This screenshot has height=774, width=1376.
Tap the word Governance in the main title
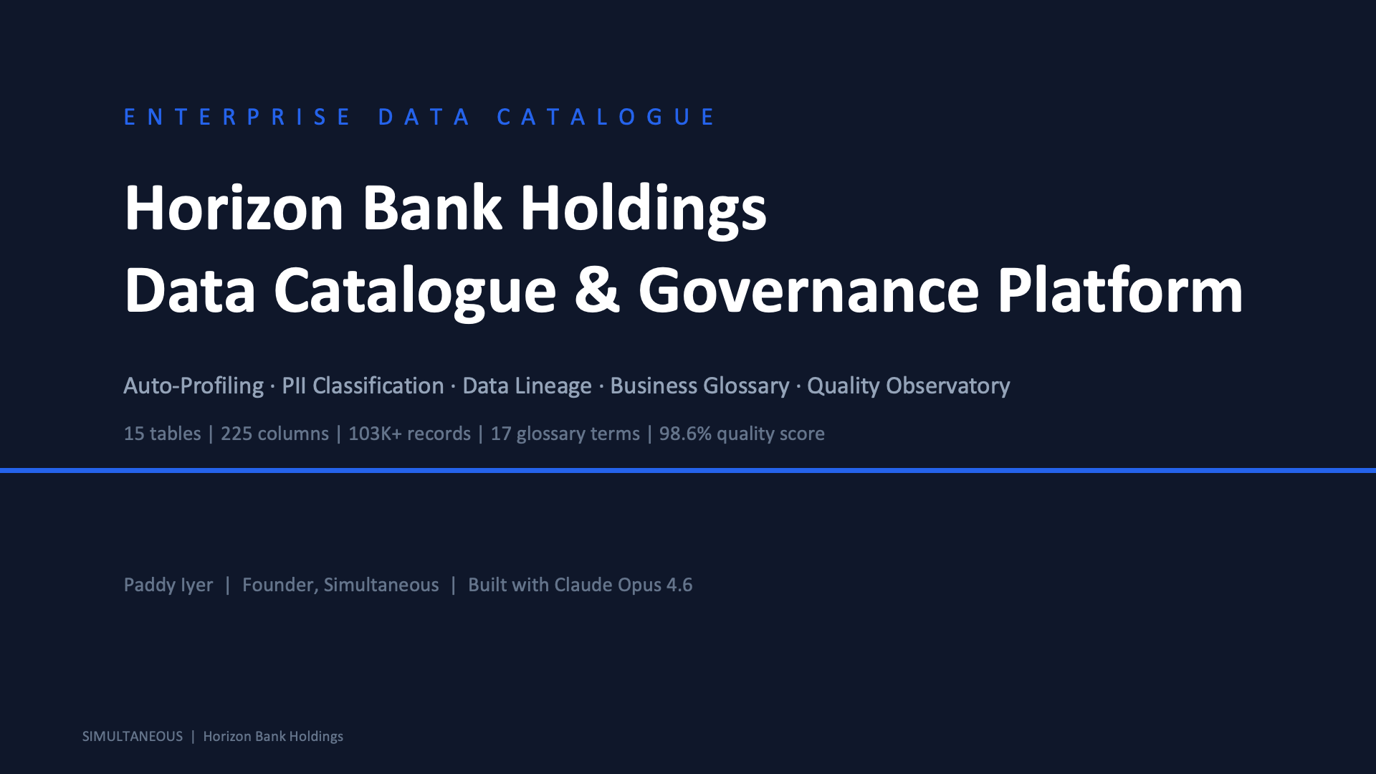pos(808,291)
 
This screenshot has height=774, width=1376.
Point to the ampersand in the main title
pos(597,291)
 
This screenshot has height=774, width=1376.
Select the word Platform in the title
pos(1120,290)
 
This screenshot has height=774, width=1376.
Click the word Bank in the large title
pos(431,208)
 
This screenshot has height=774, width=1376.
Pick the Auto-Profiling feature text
pos(193,386)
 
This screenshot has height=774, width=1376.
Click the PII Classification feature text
pos(363,386)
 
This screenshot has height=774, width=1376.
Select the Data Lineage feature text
pos(527,386)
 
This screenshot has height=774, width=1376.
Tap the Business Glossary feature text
pos(699,386)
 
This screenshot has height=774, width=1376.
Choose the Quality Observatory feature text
pos(908,386)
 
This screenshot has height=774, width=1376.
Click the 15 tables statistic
pos(162,434)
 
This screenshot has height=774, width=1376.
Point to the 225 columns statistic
pos(274,434)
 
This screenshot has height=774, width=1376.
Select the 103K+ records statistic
pos(409,434)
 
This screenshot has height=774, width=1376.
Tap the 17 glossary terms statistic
pos(565,434)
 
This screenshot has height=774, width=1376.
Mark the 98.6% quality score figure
pos(742,434)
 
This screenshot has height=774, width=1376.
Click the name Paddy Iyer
pos(168,586)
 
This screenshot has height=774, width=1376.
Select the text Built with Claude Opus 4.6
pos(580,586)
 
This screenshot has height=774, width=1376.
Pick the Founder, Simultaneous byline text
pos(340,586)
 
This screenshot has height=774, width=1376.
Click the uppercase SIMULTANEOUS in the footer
pos(133,737)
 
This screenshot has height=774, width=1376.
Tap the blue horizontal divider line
pos(688,470)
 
